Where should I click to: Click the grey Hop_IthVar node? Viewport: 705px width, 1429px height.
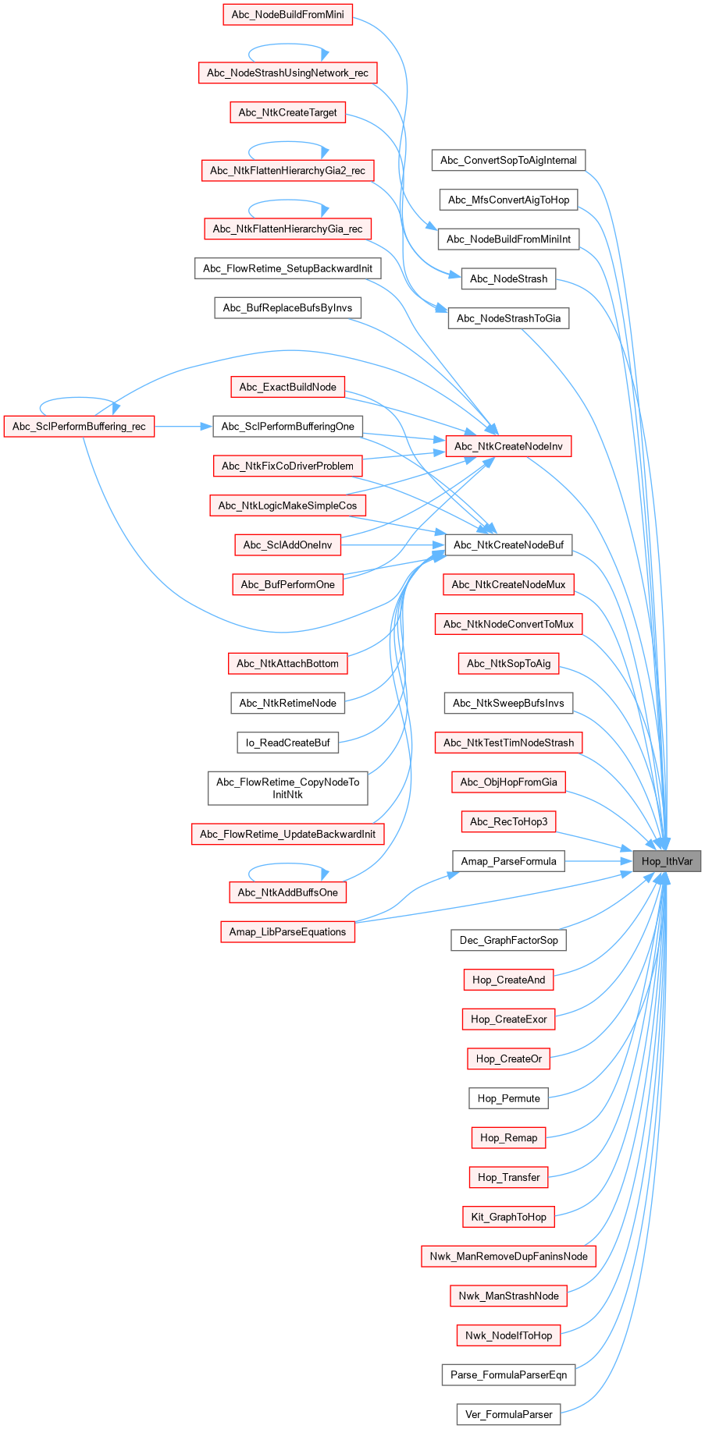click(667, 861)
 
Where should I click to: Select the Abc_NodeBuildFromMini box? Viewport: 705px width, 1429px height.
click(287, 15)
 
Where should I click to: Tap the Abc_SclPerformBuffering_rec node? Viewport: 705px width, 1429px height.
click(79, 427)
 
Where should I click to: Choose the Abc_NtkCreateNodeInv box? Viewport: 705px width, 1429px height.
click(508, 446)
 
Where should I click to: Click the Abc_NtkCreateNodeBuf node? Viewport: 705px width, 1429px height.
click(508, 544)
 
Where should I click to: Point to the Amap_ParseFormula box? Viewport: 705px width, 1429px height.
click(508, 861)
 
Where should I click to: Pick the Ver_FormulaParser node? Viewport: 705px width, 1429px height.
click(508, 1414)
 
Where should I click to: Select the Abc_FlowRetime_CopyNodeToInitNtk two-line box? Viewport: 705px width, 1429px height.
click(287, 788)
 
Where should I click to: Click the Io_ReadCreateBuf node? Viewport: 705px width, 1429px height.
click(287, 743)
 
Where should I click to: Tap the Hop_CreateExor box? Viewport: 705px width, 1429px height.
click(508, 1019)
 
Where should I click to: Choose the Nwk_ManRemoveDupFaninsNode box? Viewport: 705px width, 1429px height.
click(508, 1256)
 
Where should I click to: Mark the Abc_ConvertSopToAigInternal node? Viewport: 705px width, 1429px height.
click(508, 161)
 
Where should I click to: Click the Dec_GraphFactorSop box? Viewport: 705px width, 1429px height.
click(508, 940)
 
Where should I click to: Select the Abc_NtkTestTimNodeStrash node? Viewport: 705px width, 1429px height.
click(508, 743)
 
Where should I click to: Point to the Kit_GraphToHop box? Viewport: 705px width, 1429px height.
click(508, 1217)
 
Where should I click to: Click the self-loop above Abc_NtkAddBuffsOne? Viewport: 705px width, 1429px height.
click(287, 864)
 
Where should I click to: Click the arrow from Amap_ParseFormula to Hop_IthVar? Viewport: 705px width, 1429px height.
click(597, 861)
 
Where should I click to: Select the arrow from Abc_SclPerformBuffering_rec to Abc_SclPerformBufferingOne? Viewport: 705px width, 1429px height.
click(183, 427)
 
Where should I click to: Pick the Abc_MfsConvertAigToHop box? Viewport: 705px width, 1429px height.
click(508, 200)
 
